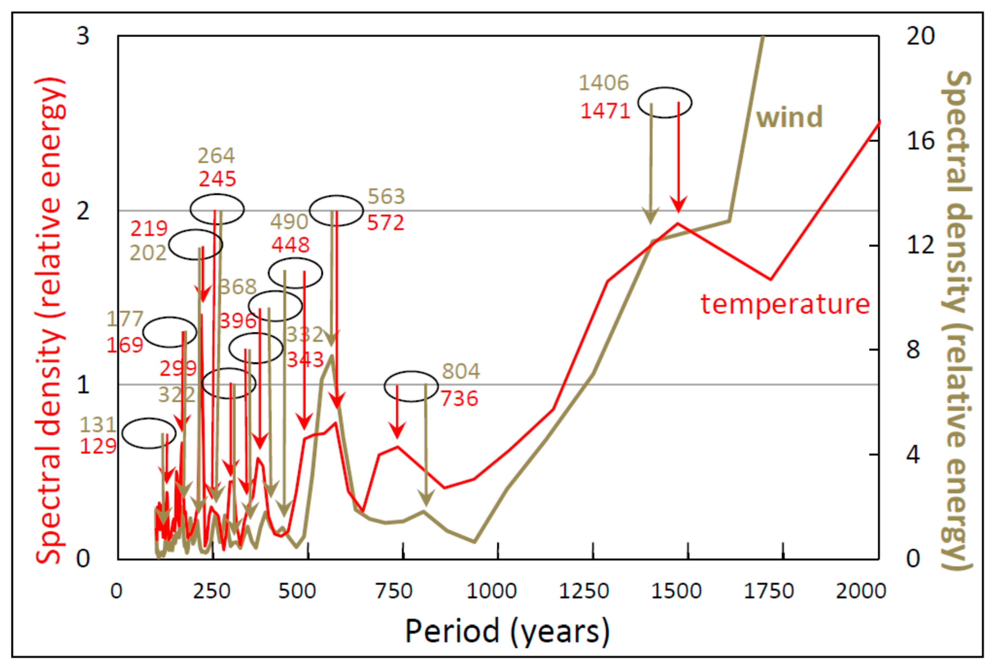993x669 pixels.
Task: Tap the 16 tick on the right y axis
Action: click(920, 141)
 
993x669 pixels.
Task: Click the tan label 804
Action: click(461, 371)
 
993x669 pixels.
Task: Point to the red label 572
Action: click(386, 223)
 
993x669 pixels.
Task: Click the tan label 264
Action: click(216, 156)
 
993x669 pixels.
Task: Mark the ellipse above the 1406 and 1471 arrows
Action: click(665, 102)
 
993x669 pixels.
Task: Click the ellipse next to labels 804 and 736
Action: click(411, 386)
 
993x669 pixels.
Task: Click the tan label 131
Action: click(98, 425)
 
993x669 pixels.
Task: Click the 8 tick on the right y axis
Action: click(913, 350)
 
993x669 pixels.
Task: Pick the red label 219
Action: click(149, 229)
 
